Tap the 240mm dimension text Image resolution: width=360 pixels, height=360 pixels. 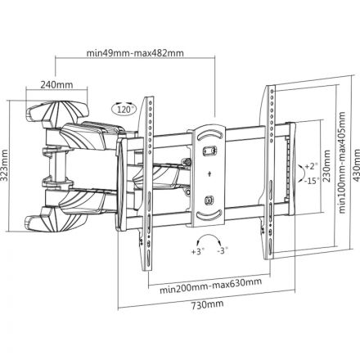(x=52, y=83)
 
